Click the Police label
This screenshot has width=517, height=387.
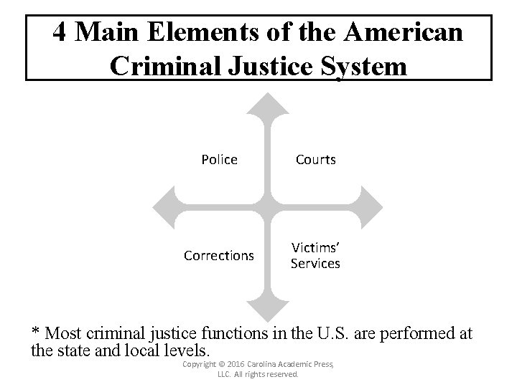click(x=220, y=160)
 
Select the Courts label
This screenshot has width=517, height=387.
click(x=316, y=160)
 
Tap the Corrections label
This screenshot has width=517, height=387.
click(x=219, y=256)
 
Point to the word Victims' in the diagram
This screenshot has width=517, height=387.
click(x=315, y=248)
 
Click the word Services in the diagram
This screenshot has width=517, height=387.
click(x=315, y=264)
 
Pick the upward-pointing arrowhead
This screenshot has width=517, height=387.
click(x=268, y=104)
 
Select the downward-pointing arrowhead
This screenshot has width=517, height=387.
click(x=268, y=311)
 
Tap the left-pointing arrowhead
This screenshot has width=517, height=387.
click(x=164, y=208)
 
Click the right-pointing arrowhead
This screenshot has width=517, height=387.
click(x=372, y=208)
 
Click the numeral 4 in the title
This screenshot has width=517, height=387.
click(x=60, y=32)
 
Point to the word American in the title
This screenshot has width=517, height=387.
click(x=404, y=32)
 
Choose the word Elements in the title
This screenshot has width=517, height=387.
click(x=202, y=32)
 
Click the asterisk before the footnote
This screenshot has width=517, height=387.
click(x=35, y=330)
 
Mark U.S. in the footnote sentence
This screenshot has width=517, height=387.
click(x=332, y=333)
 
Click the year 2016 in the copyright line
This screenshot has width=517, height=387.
click(x=236, y=364)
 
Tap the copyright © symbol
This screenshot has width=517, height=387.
click(x=222, y=364)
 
